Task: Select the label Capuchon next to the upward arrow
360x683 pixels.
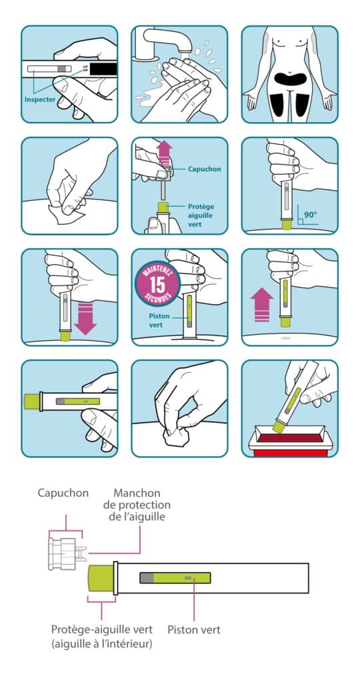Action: pyautogui.click(x=203, y=169)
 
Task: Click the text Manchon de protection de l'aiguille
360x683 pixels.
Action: pyautogui.click(x=142, y=506)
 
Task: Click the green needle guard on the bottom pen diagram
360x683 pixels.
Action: pyautogui.click(x=101, y=578)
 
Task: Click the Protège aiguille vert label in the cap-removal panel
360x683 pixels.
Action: pyautogui.click(x=203, y=214)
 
